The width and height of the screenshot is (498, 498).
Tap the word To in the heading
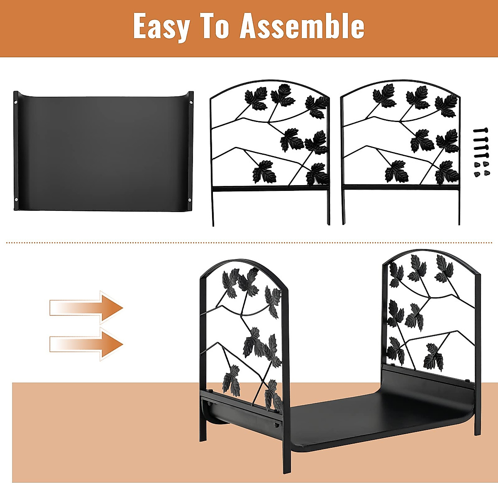pos(216,27)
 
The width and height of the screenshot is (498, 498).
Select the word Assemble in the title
pos(303,27)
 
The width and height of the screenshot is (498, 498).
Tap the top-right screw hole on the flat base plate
pos(190,101)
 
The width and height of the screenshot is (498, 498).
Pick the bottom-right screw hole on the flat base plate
pos(190,200)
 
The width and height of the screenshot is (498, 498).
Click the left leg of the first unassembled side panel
pos(213,207)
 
